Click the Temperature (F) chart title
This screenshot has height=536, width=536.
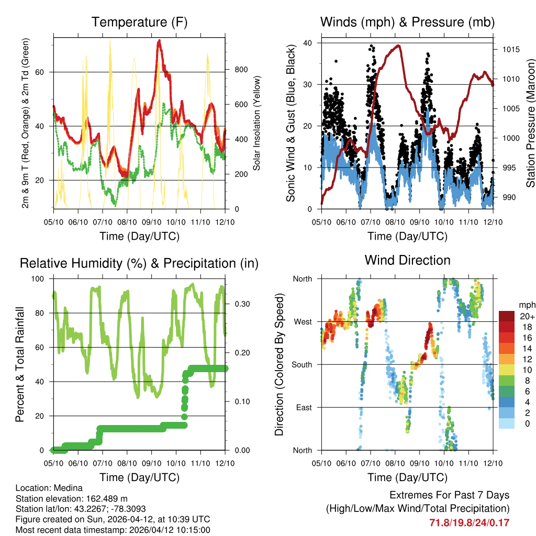click(x=139, y=22)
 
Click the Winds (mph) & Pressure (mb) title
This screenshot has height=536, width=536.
click(x=407, y=22)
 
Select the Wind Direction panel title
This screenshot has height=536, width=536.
click(x=407, y=260)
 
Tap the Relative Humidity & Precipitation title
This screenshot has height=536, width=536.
click(x=139, y=263)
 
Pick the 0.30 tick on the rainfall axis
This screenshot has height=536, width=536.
click(x=240, y=304)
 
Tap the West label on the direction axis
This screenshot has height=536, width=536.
click(x=303, y=321)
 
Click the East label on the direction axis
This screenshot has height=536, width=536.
click(x=304, y=407)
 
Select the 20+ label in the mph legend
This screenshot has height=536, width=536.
click(x=526, y=316)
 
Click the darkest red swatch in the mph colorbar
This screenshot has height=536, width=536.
click(x=507, y=316)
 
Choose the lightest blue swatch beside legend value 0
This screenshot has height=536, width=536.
click(x=507, y=423)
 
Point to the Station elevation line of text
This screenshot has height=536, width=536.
click(x=72, y=498)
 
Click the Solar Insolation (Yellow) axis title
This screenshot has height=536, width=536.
click(x=257, y=124)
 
